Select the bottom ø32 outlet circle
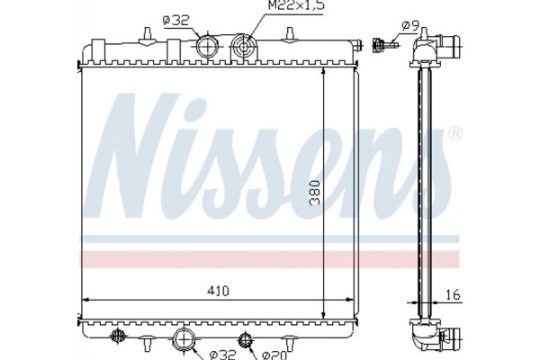[x=184, y=339]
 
